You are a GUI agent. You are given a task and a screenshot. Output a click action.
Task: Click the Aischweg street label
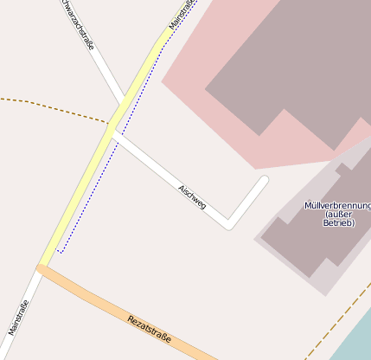tap(192, 197)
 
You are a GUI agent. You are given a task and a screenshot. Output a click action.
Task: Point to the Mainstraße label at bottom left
tap(18, 318)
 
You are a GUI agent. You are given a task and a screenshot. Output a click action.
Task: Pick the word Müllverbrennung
tap(337, 206)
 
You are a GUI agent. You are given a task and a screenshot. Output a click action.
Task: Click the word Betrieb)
tap(338, 223)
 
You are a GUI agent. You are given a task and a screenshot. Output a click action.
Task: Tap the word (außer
tap(338, 215)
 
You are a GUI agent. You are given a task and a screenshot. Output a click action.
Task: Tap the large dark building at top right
tap(285, 69)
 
